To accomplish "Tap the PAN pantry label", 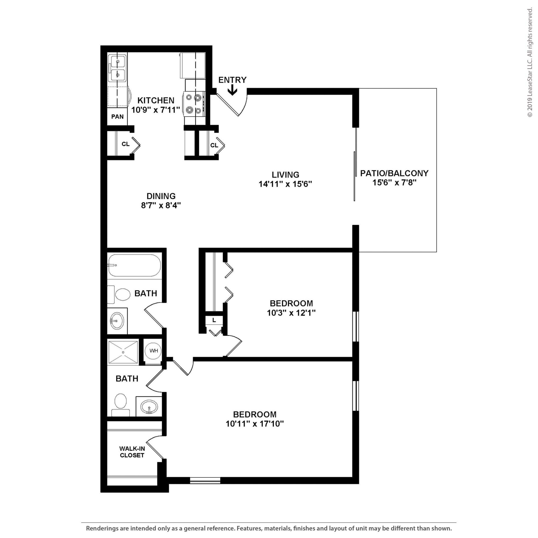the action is pyautogui.click(x=117, y=117).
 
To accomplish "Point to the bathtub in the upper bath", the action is pyautogui.click(x=134, y=265).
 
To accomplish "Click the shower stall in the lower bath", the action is pyautogui.click(x=123, y=352).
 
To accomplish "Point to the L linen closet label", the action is pyautogui.click(x=214, y=320).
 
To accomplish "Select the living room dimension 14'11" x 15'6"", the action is pyautogui.click(x=285, y=184).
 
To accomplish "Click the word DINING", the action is pyautogui.click(x=161, y=196).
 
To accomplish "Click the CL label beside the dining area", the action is pyautogui.click(x=126, y=144).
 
